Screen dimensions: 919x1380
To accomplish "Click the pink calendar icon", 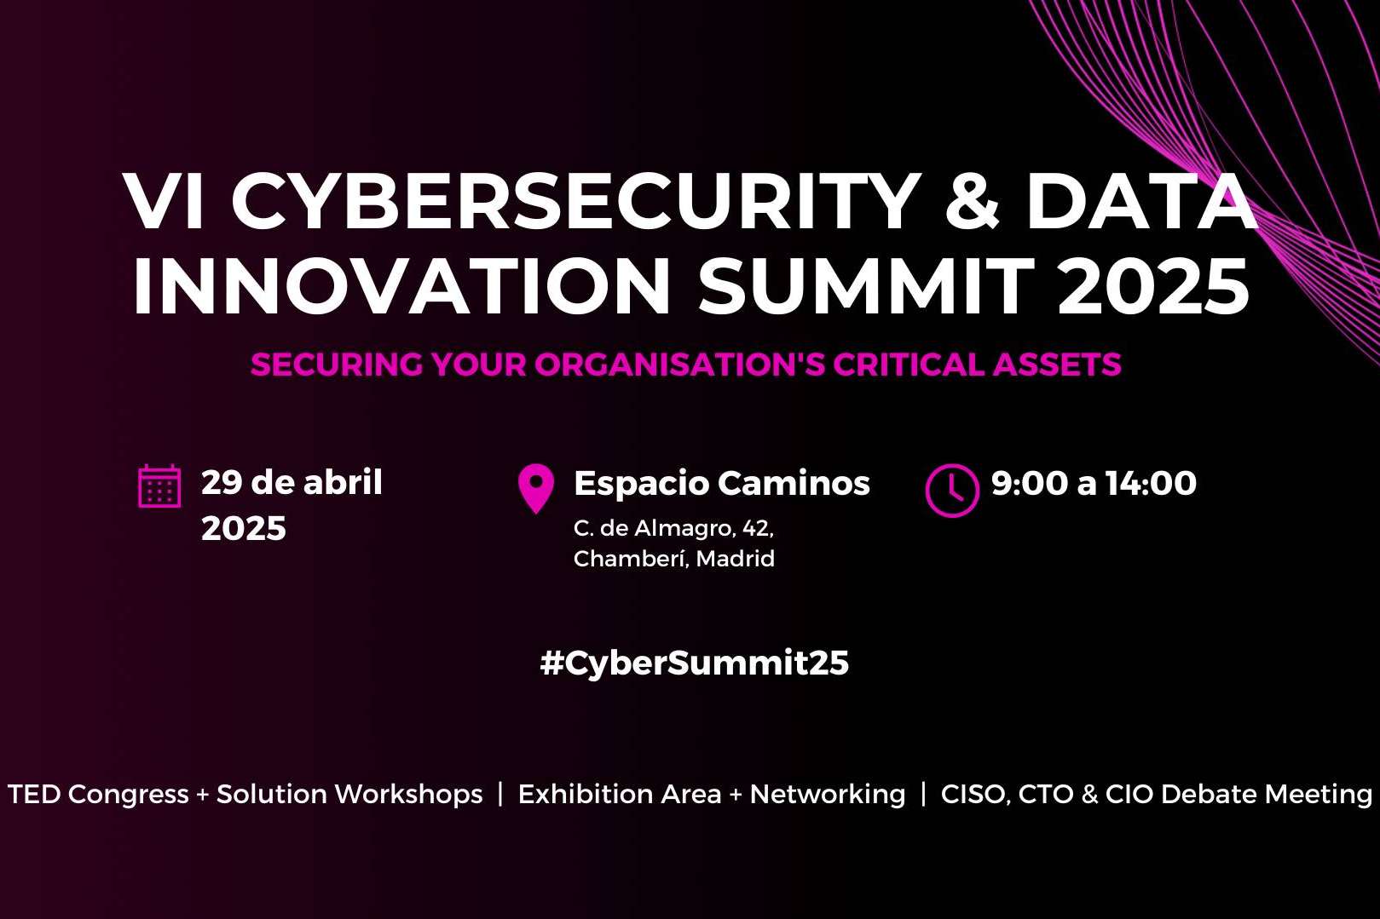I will coord(159,486).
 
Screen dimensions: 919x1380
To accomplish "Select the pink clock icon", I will coord(951,490).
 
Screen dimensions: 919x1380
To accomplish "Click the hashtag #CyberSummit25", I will coord(694,663).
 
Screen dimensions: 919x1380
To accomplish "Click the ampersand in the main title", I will coord(973,203).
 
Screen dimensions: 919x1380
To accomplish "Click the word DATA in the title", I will coord(1141,203).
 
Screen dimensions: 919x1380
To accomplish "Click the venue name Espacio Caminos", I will coord(721,483).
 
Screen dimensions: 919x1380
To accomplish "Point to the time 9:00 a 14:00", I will coord(1094,483).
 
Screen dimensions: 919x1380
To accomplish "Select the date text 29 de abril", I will coord(292,483).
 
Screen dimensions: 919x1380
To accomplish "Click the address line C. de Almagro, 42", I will coord(673,528).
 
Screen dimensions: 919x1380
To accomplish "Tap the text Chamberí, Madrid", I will coord(673,559).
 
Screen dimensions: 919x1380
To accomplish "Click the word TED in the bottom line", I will coord(34,794).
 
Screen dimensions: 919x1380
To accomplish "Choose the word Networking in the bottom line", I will coord(827,794).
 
